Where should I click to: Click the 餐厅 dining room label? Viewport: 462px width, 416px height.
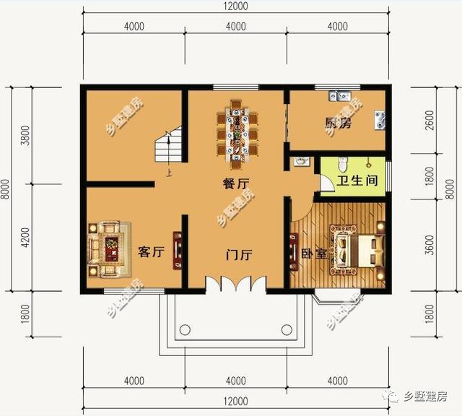pos(232,183)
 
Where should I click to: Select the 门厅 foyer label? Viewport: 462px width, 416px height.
pos(238,254)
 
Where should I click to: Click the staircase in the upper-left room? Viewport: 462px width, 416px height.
pos(167,148)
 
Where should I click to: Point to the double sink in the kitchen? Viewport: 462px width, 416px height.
pos(339,95)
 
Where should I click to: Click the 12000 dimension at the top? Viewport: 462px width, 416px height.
pos(235,6)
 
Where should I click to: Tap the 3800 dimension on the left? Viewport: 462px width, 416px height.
pos(26,136)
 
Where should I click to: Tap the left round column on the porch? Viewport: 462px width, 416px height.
pos(184,331)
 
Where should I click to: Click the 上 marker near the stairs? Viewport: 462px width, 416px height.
pos(169,173)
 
